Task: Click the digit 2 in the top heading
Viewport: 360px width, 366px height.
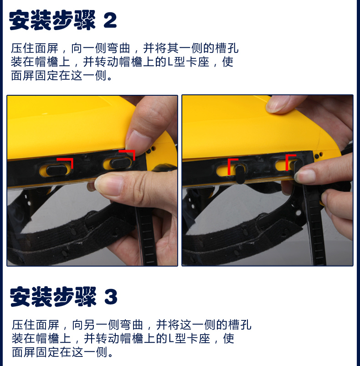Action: [x=110, y=21]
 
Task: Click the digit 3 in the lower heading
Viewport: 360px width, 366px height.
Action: [x=111, y=297]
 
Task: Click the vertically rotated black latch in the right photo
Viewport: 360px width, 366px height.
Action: [x=240, y=174]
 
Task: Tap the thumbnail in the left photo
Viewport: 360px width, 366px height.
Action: [x=108, y=184]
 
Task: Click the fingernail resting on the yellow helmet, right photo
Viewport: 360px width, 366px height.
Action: [x=277, y=104]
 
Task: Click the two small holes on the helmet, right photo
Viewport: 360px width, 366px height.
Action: [x=319, y=155]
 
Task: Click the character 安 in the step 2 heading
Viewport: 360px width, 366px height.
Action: [x=20, y=21]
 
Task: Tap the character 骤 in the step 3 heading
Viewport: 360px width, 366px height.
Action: [x=85, y=297]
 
